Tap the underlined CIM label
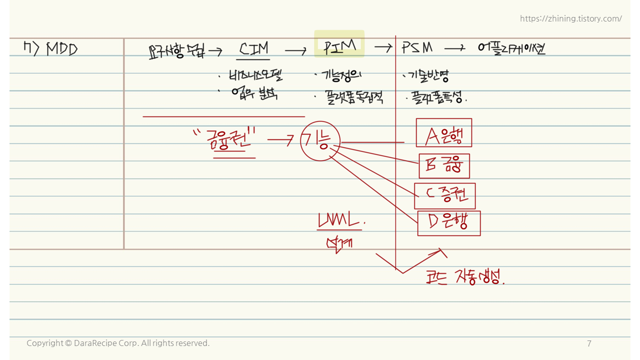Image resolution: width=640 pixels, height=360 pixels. tap(254, 48)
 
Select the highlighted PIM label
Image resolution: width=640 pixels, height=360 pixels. tap(339, 46)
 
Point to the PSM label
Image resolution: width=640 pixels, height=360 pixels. tap(417, 48)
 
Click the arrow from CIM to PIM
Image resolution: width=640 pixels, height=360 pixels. tap(295, 50)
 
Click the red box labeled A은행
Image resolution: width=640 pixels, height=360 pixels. tap(443, 132)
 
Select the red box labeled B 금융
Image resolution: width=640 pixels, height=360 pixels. tap(444, 166)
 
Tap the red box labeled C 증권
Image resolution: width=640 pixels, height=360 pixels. tap(444, 196)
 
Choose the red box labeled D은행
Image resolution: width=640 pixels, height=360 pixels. tap(448, 223)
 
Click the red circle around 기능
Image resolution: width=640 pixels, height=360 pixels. tap(320, 141)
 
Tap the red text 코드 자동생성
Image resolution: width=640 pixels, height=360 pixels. tap(465, 277)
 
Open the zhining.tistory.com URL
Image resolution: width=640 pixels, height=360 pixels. tap(570, 18)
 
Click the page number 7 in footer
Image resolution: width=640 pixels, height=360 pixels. tap(589, 343)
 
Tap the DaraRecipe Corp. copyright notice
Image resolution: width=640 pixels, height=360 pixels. tap(118, 343)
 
